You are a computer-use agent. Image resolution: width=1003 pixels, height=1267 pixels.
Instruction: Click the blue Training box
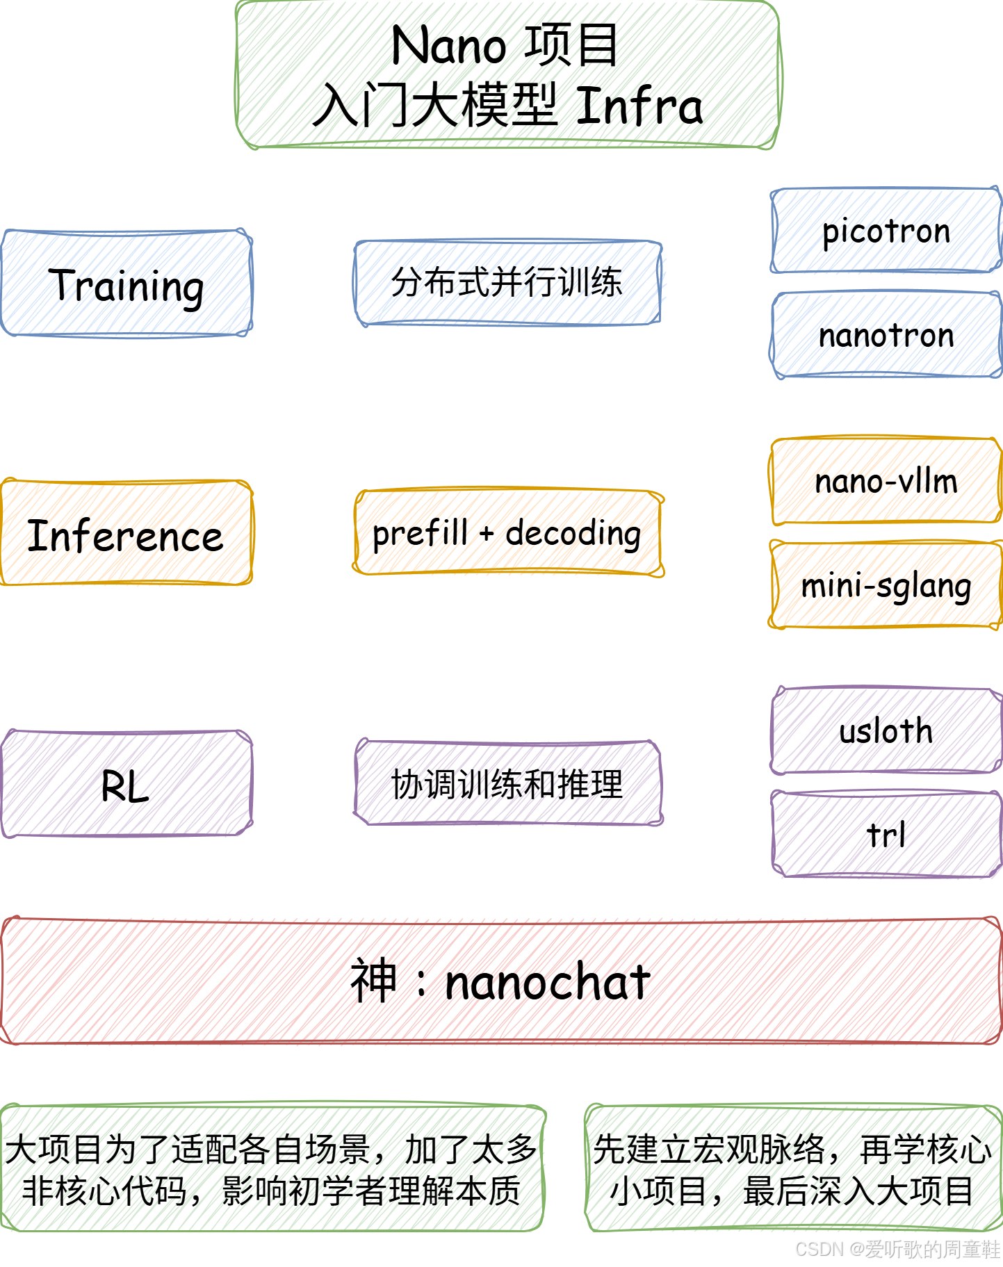(126, 284)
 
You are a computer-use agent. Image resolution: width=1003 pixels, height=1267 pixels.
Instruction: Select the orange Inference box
(126, 533)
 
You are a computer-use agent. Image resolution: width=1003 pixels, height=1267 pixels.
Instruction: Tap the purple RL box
(126, 784)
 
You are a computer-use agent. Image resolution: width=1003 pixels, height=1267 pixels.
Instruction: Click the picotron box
(886, 230)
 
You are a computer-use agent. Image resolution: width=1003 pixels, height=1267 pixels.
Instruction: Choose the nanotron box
(886, 335)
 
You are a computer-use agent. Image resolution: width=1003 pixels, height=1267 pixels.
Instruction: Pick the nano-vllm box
(886, 481)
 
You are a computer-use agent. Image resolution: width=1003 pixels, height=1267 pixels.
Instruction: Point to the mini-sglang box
(886, 585)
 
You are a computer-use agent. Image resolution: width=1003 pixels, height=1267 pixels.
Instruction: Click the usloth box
(886, 730)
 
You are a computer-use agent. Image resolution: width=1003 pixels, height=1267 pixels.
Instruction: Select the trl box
(886, 834)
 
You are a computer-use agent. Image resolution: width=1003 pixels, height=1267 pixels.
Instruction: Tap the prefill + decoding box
(507, 533)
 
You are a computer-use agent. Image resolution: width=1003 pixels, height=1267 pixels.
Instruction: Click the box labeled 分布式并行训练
(507, 282)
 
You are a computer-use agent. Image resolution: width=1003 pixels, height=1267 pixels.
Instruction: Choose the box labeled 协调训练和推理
(507, 783)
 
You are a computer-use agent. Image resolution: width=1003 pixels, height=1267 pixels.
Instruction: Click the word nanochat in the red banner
(547, 982)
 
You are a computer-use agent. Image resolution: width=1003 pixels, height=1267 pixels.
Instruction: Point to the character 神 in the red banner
(374, 981)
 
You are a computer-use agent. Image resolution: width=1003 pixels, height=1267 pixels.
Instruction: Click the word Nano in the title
(448, 46)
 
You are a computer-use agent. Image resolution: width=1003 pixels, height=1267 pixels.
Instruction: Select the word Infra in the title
(639, 106)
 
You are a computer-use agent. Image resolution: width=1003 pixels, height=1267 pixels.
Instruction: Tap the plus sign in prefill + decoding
(487, 534)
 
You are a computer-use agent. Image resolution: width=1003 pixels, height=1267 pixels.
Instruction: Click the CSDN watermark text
(897, 1249)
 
